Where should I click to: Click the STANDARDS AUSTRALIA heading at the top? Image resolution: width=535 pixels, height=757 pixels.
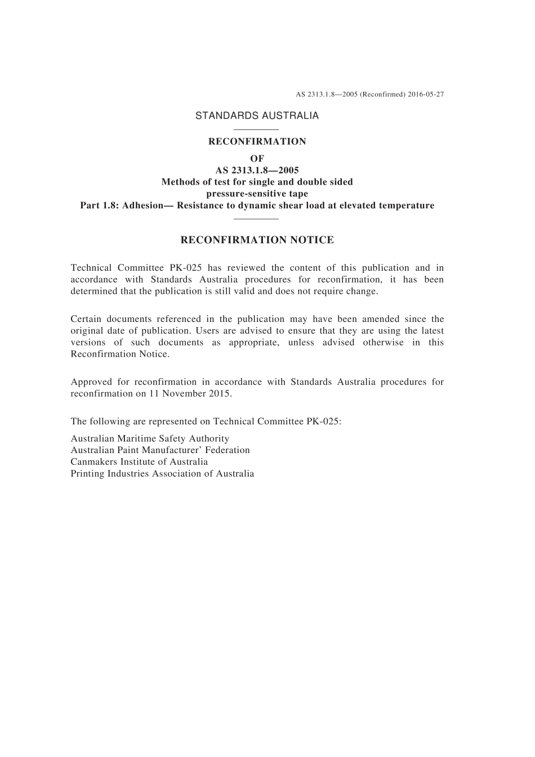(257, 115)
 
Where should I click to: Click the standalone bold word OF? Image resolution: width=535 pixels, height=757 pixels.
(257, 159)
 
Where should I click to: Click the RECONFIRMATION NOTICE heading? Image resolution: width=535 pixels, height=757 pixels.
(257, 240)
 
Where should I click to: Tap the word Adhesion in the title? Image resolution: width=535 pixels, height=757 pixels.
(144, 205)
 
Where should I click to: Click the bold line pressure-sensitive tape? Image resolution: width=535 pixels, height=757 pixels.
(257, 194)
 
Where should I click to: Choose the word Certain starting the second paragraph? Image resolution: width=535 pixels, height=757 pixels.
(86, 319)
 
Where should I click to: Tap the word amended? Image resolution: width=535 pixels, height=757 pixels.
(379, 319)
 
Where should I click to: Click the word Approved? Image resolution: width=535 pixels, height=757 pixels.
(91, 382)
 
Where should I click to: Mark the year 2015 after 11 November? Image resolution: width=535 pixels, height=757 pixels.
(219, 394)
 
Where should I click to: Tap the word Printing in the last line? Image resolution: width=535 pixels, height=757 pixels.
(88, 474)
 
